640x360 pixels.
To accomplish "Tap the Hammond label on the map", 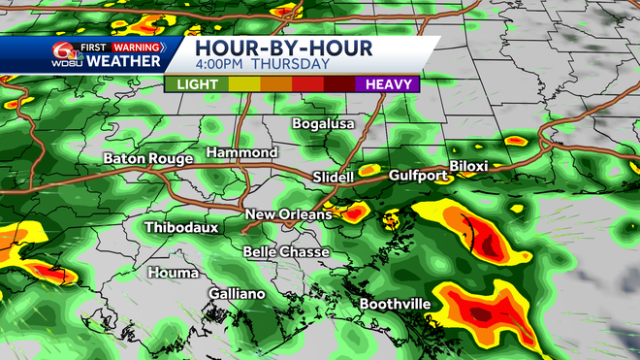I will pos(241,153).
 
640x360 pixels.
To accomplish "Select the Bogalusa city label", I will pos(325,124).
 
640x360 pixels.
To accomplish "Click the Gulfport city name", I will pos(418,176).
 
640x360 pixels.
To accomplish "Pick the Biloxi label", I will pos(467,166).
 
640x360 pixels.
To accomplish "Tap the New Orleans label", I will pos(288,214).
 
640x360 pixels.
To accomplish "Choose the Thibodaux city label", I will pos(181,228).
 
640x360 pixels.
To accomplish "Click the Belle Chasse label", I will pos(286,252).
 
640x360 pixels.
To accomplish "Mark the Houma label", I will pos(173,273).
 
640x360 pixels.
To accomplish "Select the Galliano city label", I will pos(237,293).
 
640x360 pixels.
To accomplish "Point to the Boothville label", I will pos(395,305).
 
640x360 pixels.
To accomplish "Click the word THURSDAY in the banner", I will pos(289,64).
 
